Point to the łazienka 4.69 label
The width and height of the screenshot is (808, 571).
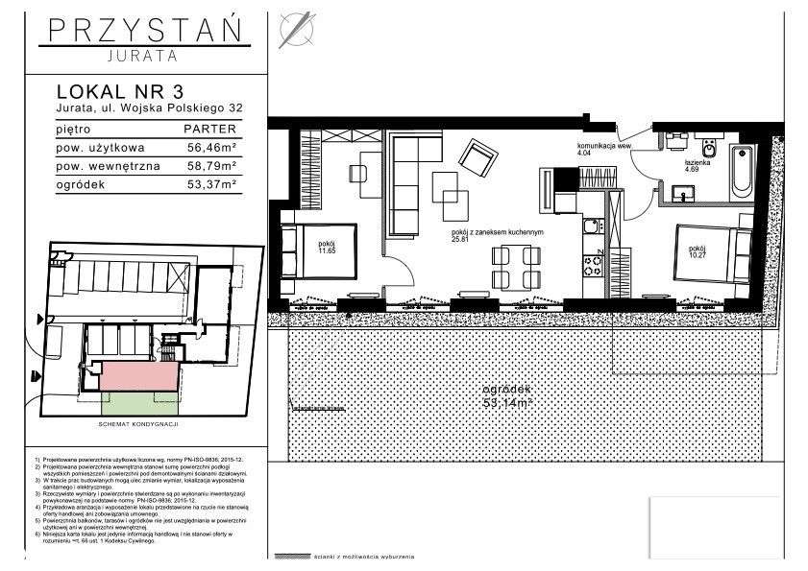coord(698,167)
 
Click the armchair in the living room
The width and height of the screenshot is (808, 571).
coord(477,154)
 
